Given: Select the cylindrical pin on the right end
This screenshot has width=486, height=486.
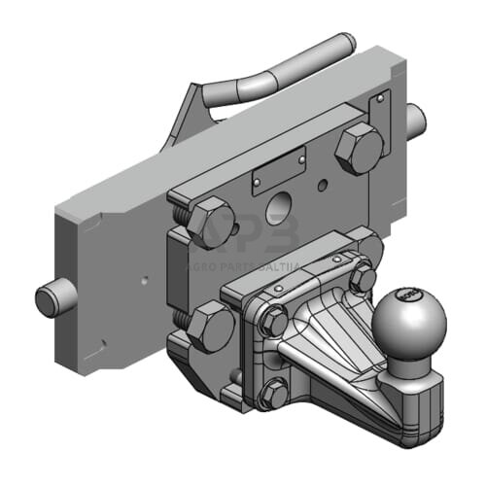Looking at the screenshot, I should (x=415, y=120).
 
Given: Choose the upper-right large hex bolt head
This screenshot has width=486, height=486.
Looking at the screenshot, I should (x=360, y=148).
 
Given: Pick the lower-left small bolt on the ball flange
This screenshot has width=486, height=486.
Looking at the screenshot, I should (x=274, y=394).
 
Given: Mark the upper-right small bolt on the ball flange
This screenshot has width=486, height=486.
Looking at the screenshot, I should (x=363, y=280).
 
